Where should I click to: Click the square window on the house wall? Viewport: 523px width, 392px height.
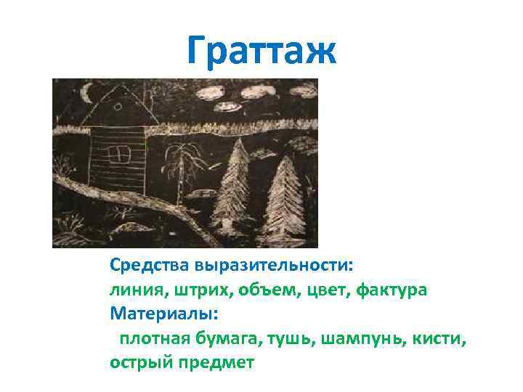[x=116, y=154]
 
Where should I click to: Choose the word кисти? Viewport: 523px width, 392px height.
[x=437, y=338]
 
